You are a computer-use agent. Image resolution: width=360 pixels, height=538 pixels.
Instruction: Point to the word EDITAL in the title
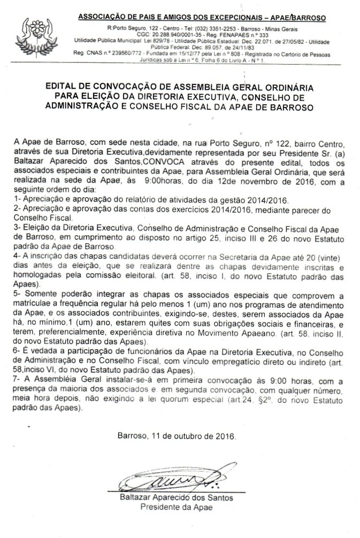point(65,86)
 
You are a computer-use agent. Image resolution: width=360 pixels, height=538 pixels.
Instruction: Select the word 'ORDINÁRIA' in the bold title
point(284,86)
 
